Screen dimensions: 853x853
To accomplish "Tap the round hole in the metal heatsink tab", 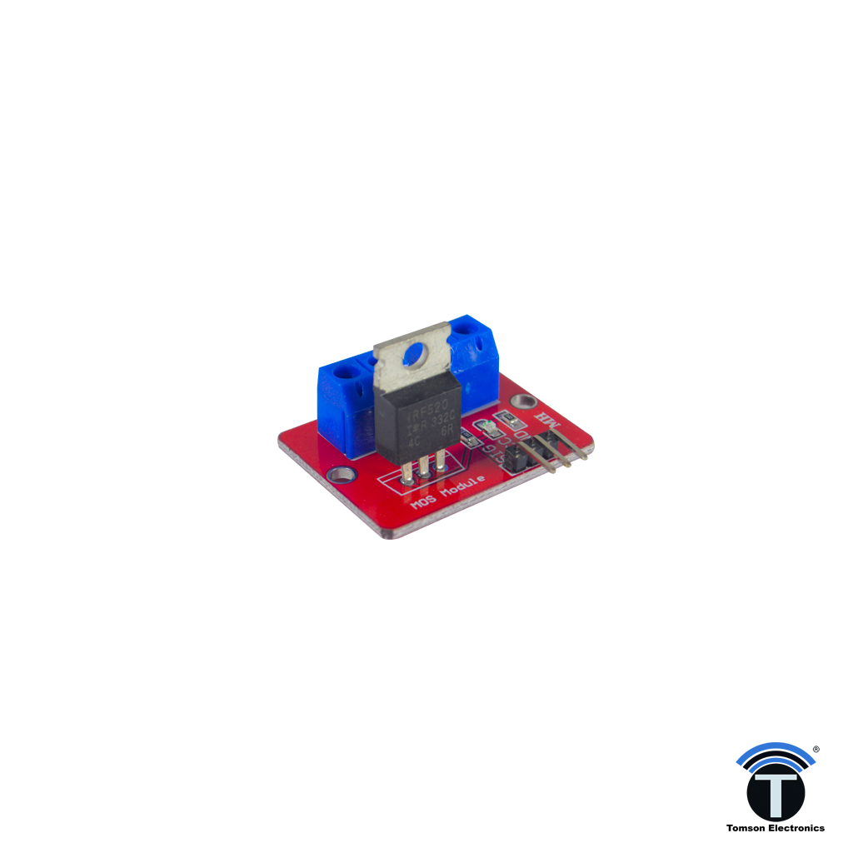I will point(414,357).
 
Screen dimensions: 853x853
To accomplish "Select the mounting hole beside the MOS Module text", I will point(339,476).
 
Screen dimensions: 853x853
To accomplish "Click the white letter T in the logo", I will point(775,795).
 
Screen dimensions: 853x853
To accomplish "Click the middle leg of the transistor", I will point(424,470).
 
